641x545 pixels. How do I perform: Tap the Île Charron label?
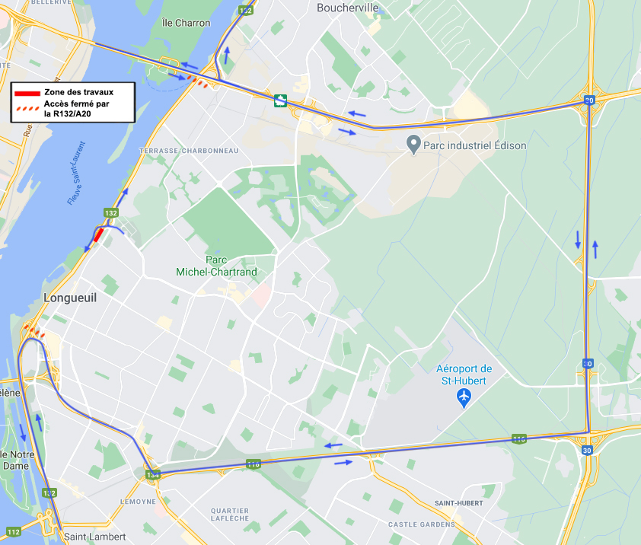[x=187, y=23]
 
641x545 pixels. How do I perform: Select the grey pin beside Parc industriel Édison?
[x=413, y=144]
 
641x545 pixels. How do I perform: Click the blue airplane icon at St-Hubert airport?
[x=464, y=397]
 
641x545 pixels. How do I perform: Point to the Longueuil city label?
[x=70, y=298]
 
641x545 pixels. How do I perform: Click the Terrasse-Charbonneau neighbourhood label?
[x=189, y=151]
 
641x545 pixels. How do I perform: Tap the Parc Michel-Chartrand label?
[x=216, y=266]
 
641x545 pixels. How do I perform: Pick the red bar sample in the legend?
[x=27, y=93]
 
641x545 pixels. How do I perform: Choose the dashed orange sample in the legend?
[x=27, y=110]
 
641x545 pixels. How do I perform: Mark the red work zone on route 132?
[x=98, y=235]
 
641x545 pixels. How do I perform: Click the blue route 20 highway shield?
[x=588, y=100]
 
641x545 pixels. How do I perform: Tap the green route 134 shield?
[x=154, y=474]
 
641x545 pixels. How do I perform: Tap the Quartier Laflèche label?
[x=230, y=514]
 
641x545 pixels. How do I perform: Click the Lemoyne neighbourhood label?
[x=138, y=502]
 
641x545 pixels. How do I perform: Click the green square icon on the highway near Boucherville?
[x=280, y=100]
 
